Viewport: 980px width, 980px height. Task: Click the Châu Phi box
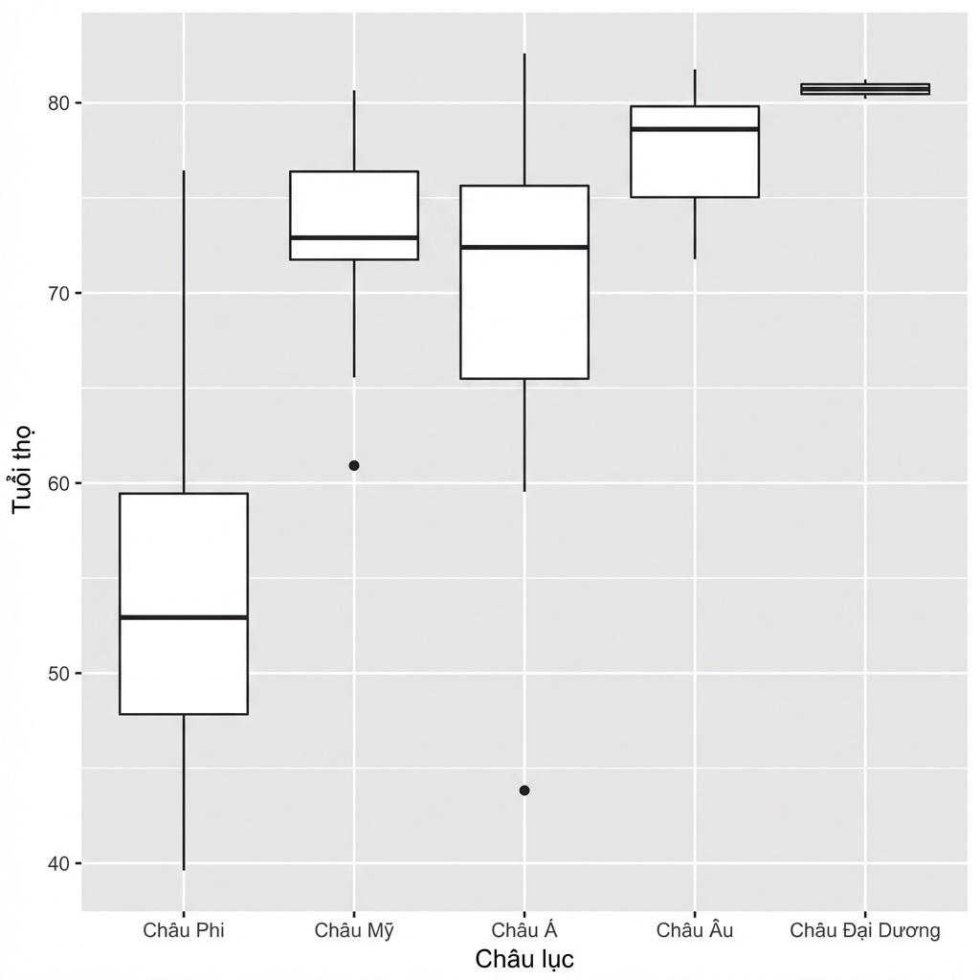point(184,603)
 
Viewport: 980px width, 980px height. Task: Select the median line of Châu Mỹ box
point(354,237)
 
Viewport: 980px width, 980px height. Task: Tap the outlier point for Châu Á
point(524,791)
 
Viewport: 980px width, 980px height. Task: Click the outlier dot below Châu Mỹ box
point(354,466)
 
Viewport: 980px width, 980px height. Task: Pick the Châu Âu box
point(695,151)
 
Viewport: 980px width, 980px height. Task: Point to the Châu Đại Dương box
point(865,89)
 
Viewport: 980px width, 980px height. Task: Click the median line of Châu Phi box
point(184,617)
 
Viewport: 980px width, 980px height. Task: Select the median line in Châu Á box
point(524,248)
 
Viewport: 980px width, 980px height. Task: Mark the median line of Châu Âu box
point(695,129)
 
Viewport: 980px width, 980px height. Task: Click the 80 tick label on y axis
point(57,103)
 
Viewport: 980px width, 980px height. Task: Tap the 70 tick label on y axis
point(57,293)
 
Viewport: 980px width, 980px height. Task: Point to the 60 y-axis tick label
point(57,483)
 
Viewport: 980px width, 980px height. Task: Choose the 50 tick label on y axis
point(57,674)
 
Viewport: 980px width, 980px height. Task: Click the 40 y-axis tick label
point(57,864)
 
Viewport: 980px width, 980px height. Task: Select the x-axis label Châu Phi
point(184,930)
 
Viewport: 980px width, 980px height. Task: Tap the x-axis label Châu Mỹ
point(354,930)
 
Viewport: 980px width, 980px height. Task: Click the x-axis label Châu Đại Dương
point(865,930)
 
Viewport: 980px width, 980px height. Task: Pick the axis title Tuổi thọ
point(23,469)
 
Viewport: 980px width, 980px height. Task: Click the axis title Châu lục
point(524,959)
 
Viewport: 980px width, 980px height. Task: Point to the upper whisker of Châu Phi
point(184,331)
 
